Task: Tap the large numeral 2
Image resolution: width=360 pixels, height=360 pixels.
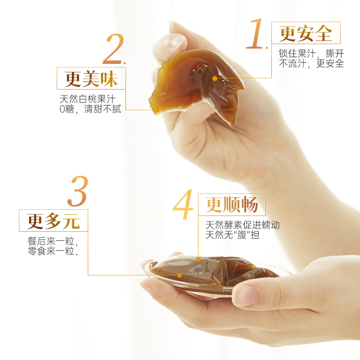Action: coord(113,49)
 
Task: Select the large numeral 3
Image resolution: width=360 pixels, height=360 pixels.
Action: coord(78,191)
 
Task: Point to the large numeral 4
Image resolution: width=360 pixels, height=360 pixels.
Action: coord(183,205)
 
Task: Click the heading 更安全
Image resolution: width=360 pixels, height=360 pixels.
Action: coord(306,33)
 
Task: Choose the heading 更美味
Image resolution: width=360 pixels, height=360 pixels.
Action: coord(91,79)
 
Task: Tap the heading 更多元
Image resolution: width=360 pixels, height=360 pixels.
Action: coord(53,221)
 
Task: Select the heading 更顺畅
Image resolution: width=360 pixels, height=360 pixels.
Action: coord(232,205)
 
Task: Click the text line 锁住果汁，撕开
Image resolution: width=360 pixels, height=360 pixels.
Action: coord(311,54)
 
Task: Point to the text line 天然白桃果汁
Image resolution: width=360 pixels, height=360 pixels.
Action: coord(87,99)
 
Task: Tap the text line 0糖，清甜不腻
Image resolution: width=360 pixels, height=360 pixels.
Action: coord(90,109)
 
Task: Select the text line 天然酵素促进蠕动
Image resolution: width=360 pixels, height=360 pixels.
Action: coord(243,225)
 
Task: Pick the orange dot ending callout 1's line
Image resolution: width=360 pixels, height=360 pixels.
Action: coord(215,78)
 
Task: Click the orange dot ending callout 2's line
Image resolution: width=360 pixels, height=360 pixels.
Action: coord(157,110)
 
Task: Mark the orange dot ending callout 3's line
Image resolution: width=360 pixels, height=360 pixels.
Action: coord(180,275)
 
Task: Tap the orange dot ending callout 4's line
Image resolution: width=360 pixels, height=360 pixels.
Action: coord(198,259)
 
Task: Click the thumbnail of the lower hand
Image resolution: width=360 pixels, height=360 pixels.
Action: coord(244,295)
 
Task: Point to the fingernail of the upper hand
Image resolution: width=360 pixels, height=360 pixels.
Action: coord(176,42)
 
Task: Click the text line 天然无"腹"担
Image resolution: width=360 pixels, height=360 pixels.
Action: coord(232,235)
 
